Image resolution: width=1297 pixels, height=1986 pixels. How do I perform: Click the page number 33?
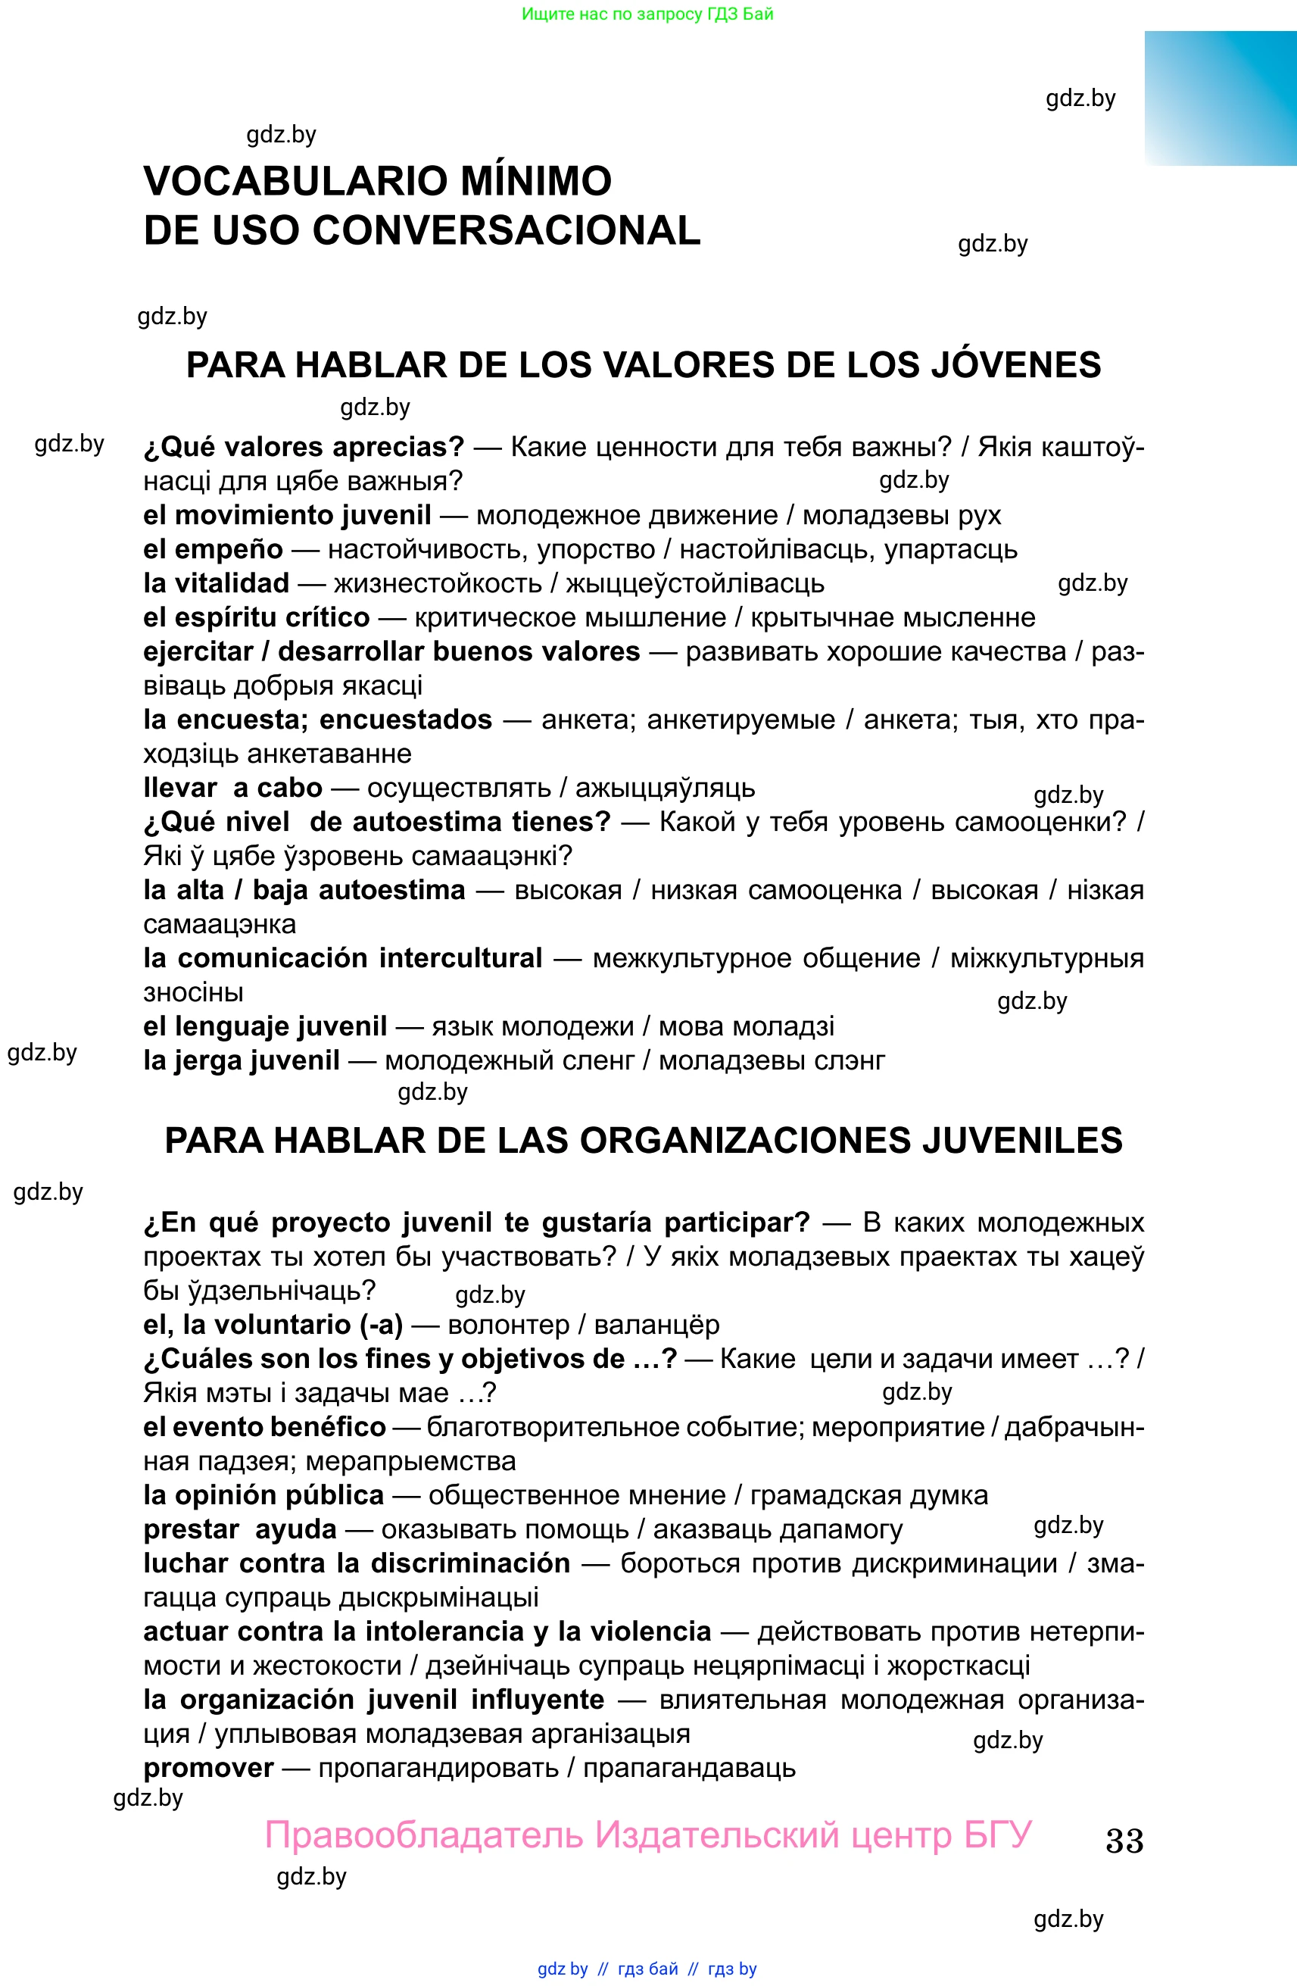coord(1124,1840)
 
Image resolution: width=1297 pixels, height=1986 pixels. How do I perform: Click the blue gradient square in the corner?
coord(1221,98)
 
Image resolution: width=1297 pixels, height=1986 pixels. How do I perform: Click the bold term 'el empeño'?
coord(213,550)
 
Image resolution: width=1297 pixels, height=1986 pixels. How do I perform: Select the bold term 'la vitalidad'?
coord(216,583)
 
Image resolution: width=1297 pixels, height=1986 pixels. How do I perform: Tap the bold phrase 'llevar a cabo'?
coord(232,788)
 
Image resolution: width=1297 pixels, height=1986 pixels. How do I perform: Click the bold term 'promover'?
coord(208,1767)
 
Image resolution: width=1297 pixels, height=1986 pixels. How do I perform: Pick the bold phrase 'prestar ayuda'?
coord(239,1529)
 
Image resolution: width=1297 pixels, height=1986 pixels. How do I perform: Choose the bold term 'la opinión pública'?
coord(263,1494)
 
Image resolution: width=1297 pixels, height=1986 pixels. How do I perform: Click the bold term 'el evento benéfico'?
coord(264,1427)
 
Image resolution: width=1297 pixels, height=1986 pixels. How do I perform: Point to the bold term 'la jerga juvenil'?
coord(241,1060)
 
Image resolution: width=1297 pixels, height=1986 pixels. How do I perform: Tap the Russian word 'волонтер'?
coord(508,1325)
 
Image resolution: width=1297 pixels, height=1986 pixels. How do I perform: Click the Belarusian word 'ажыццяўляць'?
coord(665,788)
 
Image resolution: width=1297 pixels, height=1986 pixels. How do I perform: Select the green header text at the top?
coord(647,14)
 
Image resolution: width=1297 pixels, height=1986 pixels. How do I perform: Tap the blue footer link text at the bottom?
coord(647,1969)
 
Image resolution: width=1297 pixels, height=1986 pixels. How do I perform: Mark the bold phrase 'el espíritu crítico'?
coord(256,617)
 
